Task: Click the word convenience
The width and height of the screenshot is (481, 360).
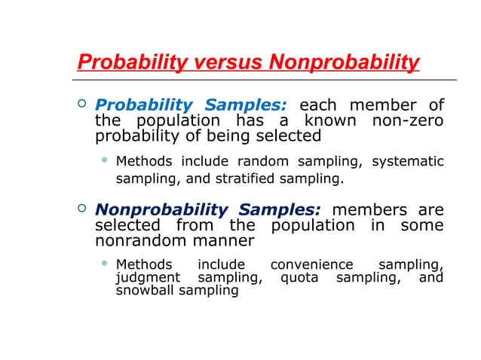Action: click(x=311, y=265)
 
